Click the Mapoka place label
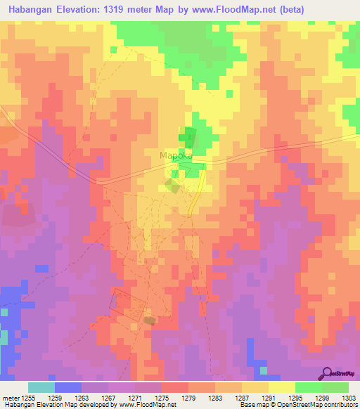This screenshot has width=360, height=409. point(176,156)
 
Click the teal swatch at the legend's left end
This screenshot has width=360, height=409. point(41,387)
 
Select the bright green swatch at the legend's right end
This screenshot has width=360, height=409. point(335,387)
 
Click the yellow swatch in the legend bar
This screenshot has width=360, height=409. point(282,387)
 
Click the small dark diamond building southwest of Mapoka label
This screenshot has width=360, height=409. point(171,186)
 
